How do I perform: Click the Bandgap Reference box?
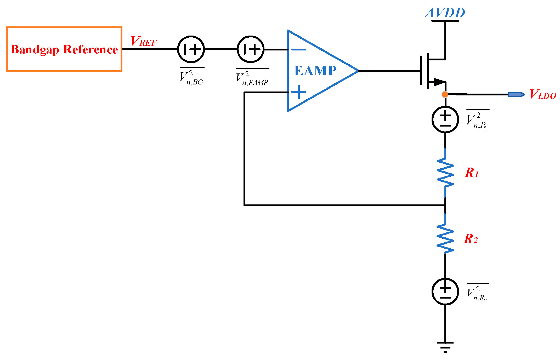point(64,49)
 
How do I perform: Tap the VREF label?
point(144,42)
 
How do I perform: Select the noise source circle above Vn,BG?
point(191,49)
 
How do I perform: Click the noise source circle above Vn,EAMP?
point(251,49)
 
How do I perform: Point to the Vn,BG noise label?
point(192,77)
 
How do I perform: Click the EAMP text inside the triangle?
point(315,71)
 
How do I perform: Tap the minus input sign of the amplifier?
point(298,49)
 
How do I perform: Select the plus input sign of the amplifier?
point(299,92)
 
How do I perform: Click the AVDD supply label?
point(445,13)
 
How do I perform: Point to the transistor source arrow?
point(439,82)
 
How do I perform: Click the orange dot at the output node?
point(445,94)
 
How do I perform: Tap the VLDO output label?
point(543,94)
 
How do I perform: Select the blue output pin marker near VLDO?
point(516,94)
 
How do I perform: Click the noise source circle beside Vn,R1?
point(445,119)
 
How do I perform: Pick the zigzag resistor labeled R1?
point(445,173)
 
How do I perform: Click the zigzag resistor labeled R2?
point(445,239)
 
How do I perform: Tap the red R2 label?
point(471,239)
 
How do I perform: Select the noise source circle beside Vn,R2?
point(445,292)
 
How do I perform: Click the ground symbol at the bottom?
point(445,347)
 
